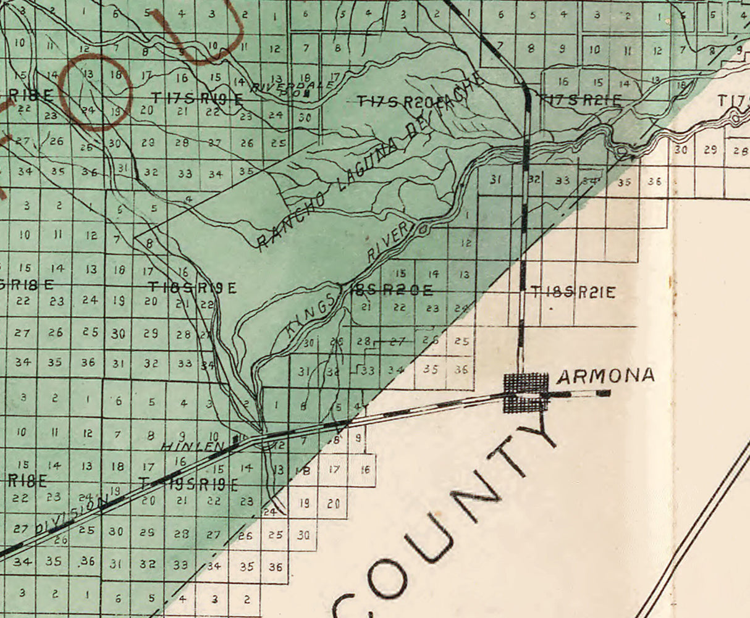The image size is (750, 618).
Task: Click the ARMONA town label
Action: pyautogui.click(x=605, y=375)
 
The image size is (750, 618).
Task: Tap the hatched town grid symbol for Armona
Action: pyautogui.click(x=526, y=393)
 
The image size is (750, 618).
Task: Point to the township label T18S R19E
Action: pyautogui.click(x=193, y=287)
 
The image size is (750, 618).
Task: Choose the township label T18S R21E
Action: pyautogui.click(x=573, y=292)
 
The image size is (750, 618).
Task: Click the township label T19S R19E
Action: pyautogui.click(x=188, y=485)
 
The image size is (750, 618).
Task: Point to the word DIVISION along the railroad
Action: pyautogui.click(x=67, y=518)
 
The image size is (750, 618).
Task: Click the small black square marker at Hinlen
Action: pyautogui.click(x=235, y=439)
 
